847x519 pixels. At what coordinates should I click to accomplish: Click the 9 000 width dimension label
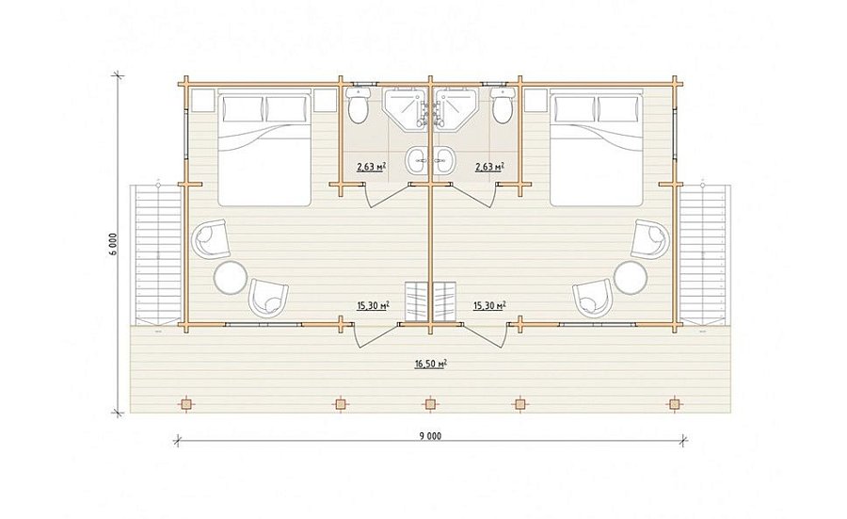coord(430,436)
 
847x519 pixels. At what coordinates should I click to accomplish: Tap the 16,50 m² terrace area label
coord(430,364)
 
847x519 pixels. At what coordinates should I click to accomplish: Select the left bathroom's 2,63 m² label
coord(371,167)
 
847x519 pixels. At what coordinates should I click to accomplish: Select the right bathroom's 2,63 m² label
coord(489,167)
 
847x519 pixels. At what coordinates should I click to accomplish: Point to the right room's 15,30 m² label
coord(489,306)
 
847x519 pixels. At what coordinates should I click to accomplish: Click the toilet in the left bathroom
coord(357,105)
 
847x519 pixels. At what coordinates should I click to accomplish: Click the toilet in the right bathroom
coord(502,105)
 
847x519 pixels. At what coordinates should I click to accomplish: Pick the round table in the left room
coord(231,277)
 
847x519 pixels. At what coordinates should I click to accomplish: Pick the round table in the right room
coord(630,277)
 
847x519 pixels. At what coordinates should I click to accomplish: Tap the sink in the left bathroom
coord(418,160)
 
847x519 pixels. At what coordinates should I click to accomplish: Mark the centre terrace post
coord(430,404)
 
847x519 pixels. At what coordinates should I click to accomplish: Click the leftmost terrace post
coord(186,404)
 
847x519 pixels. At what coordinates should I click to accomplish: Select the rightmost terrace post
coord(674,404)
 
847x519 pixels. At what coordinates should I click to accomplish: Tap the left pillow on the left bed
coord(243,109)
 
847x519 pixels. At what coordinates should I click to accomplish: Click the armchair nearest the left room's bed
coord(211,238)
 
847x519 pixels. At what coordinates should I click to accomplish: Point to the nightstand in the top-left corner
coord(202,101)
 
